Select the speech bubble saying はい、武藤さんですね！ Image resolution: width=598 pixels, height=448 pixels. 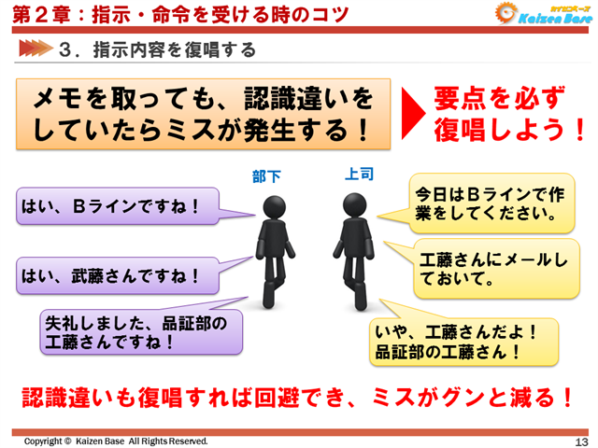pyautogui.click(x=116, y=275)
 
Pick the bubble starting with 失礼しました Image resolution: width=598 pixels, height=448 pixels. pyautogui.click(x=140, y=331)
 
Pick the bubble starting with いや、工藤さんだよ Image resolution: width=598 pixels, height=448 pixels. pyautogui.click(x=463, y=342)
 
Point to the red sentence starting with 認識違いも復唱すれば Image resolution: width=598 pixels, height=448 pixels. pyautogui.click(x=299, y=397)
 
